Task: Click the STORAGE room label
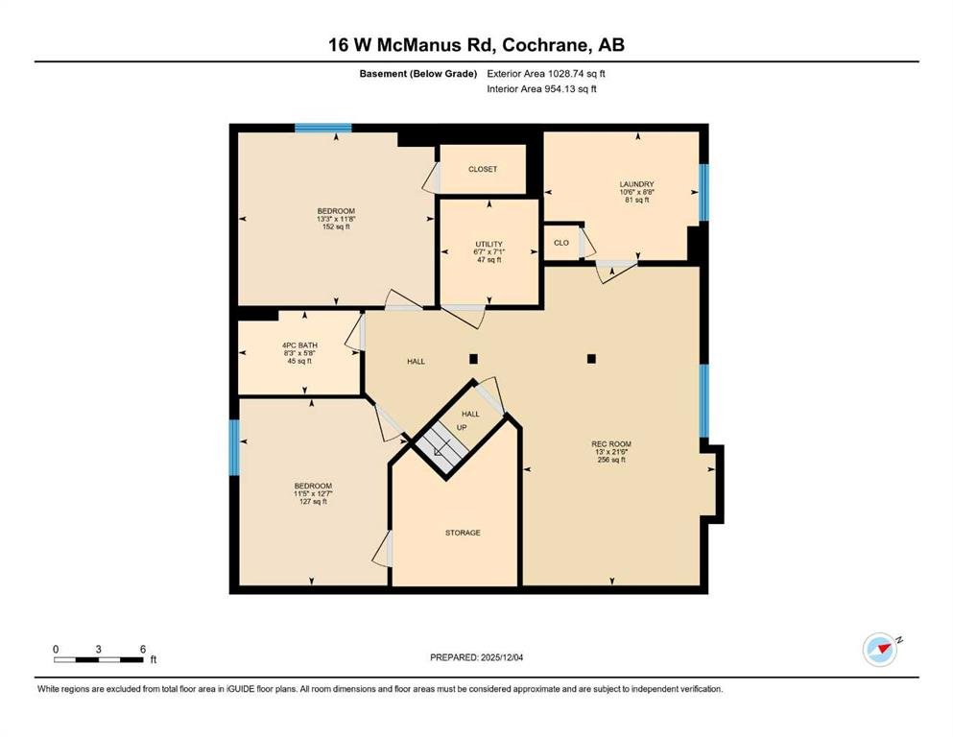tap(463, 533)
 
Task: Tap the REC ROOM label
tap(611, 444)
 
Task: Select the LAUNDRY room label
tap(637, 184)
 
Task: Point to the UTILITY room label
tap(489, 245)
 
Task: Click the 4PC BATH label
tap(299, 345)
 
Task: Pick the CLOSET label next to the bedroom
tap(483, 169)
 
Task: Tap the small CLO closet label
tap(561, 243)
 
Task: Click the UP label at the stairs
tap(462, 427)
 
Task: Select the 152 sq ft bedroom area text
tap(336, 226)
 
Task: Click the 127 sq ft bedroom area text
tap(313, 502)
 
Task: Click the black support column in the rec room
tap(591, 359)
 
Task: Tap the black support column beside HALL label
tap(473, 359)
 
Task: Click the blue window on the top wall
tap(322, 128)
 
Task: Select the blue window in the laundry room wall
tap(703, 192)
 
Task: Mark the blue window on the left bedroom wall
tap(234, 447)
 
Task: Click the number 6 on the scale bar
tap(143, 649)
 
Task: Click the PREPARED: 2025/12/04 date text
tap(476, 657)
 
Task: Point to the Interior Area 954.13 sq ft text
tap(541, 88)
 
